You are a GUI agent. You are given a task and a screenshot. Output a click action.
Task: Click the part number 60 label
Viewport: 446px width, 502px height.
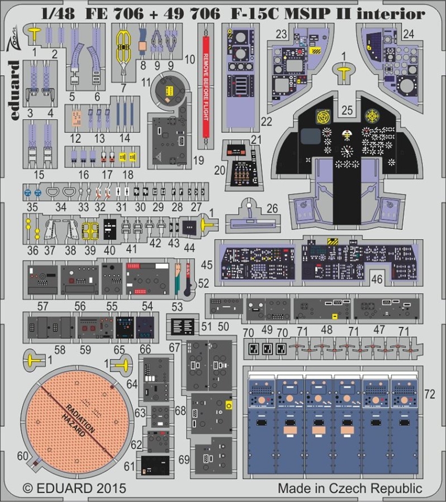pos(22,456)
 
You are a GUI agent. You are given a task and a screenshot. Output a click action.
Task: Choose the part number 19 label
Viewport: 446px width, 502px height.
pos(198,161)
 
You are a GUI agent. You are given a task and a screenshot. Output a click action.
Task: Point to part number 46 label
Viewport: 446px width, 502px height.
pos(377,279)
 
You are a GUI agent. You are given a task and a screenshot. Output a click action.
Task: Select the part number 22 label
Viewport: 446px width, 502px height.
pos(266,121)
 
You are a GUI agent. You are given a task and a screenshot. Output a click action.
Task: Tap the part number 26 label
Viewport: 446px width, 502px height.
pos(272,209)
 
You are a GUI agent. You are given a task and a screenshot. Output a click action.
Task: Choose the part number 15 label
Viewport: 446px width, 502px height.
pos(39,174)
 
